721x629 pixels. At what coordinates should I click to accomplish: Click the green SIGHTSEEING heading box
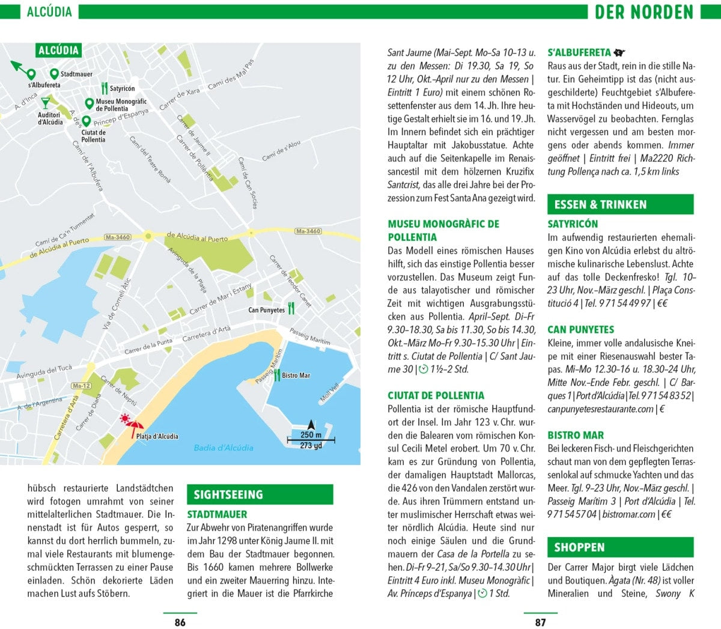click(x=260, y=494)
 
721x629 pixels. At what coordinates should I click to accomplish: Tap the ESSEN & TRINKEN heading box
click(x=620, y=204)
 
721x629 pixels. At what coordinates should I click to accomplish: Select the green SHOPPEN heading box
click(x=620, y=547)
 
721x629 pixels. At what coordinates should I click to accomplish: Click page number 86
click(x=180, y=622)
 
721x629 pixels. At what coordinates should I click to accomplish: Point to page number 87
click(x=540, y=622)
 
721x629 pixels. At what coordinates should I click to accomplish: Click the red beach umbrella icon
click(x=129, y=424)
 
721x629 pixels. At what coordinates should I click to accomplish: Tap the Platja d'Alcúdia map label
click(x=157, y=437)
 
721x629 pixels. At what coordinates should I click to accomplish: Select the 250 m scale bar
click(x=311, y=440)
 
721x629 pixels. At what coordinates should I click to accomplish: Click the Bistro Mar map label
click(x=296, y=375)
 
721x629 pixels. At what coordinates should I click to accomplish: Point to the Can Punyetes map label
click(x=266, y=310)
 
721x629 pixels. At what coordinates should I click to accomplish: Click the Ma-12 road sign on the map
click(x=81, y=386)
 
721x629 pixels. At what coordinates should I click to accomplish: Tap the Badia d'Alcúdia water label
click(x=224, y=448)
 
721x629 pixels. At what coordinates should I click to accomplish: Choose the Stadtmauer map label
click(x=76, y=74)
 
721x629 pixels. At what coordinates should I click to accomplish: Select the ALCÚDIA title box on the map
click(x=58, y=50)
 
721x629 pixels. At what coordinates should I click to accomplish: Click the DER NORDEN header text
click(x=643, y=12)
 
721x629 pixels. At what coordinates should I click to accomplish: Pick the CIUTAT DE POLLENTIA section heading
click(x=436, y=395)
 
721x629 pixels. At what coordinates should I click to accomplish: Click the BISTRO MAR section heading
click(x=575, y=435)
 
